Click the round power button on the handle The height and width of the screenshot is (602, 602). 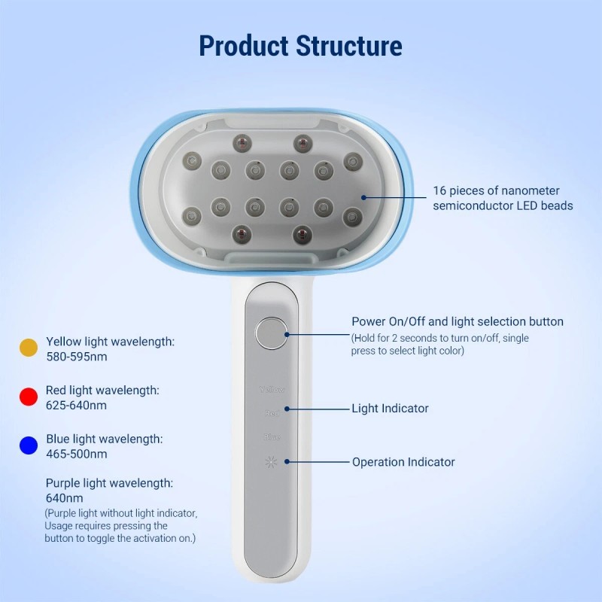pos(270,333)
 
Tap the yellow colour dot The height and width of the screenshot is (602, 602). pos(28,348)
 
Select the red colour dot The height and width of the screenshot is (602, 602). pos(28,397)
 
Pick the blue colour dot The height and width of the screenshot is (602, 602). pos(28,445)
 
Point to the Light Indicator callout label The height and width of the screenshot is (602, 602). pos(390,409)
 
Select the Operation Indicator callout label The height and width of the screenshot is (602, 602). pos(403,462)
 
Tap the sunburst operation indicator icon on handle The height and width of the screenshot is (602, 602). pos(271,462)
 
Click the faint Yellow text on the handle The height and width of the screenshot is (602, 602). pos(271,390)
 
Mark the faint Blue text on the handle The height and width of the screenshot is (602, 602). pos(272,437)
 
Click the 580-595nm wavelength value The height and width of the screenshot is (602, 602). pos(76,357)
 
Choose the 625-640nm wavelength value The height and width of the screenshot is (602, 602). pos(76,406)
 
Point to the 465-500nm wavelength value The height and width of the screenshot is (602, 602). pos(76,454)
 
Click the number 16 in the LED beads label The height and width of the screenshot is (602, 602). pos(440,191)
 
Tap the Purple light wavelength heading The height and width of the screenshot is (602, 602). pos(109,483)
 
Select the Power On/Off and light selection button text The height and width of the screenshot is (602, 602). pos(458,322)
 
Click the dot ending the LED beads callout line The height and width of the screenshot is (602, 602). pos(363,198)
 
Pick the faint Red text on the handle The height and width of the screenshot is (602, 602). pos(272,413)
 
